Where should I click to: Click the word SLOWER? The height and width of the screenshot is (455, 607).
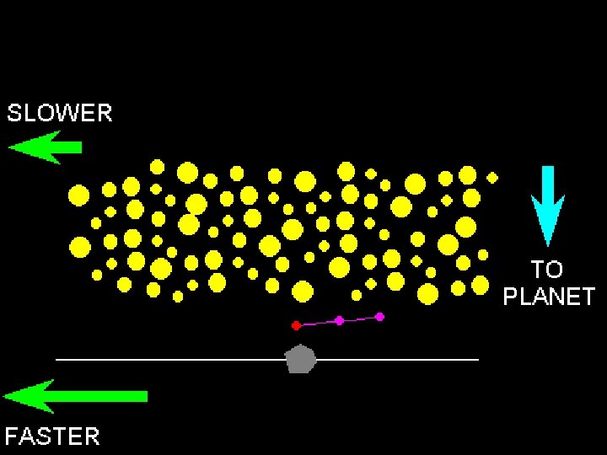(59, 114)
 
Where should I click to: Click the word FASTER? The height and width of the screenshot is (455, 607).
(52, 436)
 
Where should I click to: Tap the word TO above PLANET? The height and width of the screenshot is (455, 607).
(546, 270)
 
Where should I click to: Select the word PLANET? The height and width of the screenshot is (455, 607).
(549, 297)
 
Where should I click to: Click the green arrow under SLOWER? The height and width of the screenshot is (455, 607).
(46, 147)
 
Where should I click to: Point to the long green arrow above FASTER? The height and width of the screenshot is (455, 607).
(76, 396)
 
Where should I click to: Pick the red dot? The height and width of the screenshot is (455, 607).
(296, 325)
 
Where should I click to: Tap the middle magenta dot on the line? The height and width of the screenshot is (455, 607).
(339, 320)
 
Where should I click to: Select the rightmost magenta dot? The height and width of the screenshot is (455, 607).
(379, 317)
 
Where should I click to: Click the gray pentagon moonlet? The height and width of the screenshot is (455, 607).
(301, 359)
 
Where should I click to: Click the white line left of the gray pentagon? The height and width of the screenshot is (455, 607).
(169, 360)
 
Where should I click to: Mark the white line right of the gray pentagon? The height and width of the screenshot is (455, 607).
(396, 360)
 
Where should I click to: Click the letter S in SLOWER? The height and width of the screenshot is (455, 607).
(14, 114)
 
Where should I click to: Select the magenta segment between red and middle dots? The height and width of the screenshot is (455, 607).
(317, 323)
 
